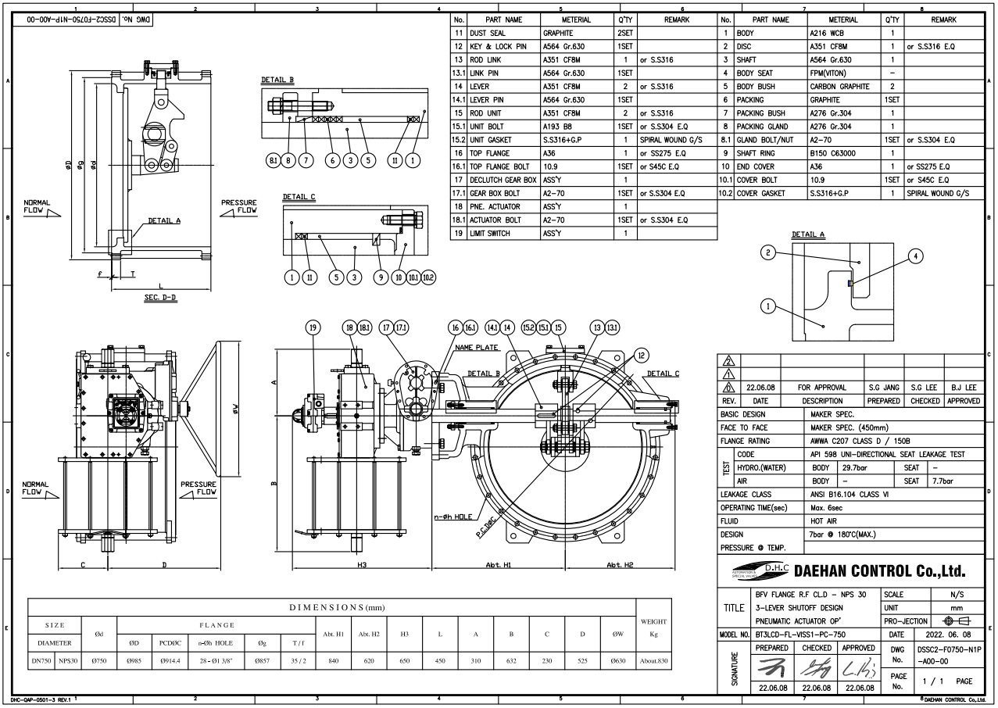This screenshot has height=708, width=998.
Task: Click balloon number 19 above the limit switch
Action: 313,328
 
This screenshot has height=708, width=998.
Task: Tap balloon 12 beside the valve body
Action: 641,355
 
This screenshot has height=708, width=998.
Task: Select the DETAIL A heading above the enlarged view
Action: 808,234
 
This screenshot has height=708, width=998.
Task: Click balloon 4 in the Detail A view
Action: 916,256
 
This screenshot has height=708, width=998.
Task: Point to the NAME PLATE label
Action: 476,348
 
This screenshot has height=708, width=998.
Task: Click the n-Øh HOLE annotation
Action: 453,517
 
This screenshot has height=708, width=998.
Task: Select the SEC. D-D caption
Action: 160,297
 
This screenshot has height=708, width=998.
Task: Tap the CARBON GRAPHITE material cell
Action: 839,87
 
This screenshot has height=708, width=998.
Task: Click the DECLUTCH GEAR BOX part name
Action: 503,180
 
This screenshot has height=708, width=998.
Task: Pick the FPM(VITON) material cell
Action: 828,73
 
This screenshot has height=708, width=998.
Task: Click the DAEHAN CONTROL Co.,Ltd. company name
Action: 879,570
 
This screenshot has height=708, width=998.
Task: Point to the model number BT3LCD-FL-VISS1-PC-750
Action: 800,635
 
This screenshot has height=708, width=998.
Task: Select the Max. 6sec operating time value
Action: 831,508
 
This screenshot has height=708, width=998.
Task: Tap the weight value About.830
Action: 653,661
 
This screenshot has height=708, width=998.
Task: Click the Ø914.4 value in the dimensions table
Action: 170,661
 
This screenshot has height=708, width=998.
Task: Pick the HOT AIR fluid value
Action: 824,521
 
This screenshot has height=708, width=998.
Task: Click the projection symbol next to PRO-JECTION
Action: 957,621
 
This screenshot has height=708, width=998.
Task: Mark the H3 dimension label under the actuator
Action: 362,564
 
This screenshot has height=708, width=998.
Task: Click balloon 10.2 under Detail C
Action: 428,277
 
